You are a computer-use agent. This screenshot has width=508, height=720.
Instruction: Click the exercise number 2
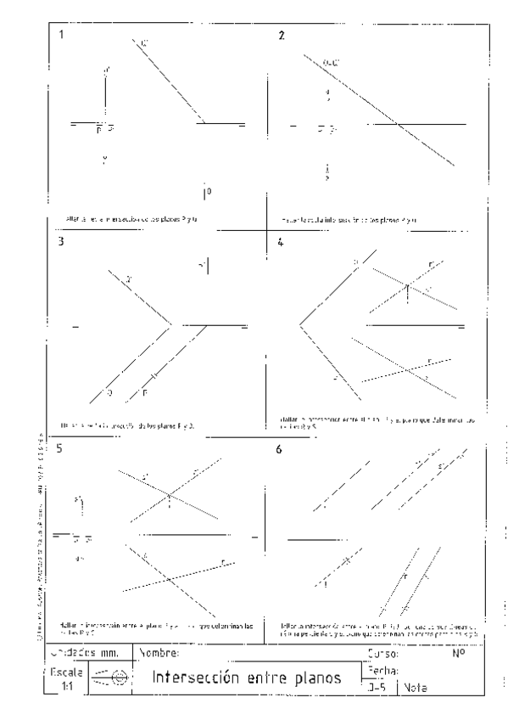click(281, 36)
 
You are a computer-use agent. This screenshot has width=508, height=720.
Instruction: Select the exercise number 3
click(60, 241)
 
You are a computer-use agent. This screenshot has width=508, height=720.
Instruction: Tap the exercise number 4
click(281, 241)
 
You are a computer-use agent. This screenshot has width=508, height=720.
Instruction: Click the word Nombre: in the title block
click(160, 654)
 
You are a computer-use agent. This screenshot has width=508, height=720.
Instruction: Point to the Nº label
click(457, 654)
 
